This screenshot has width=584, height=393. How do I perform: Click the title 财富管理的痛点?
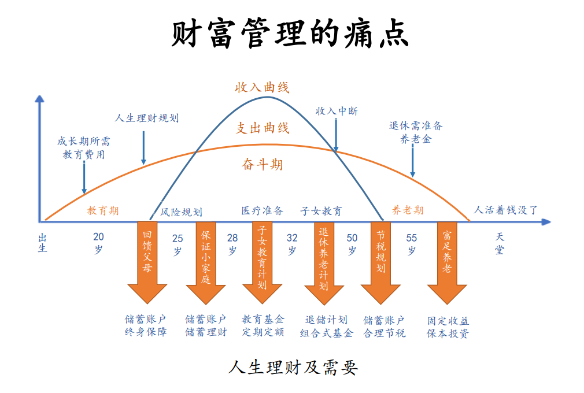[290, 34]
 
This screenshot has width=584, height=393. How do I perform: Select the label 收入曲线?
[262, 88]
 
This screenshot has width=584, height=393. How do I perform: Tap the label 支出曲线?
[263, 128]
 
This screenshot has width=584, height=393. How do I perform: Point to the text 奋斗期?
[263, 165]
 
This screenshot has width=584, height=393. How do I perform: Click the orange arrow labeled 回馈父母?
[147, 260]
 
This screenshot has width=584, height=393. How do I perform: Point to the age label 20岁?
[98, 243]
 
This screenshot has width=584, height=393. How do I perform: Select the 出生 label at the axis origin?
[42, 243]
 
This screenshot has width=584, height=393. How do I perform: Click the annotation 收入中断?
[337, 111]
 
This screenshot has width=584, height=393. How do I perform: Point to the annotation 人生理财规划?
[147, 118]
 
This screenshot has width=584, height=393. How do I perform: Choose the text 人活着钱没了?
[506, 210]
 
